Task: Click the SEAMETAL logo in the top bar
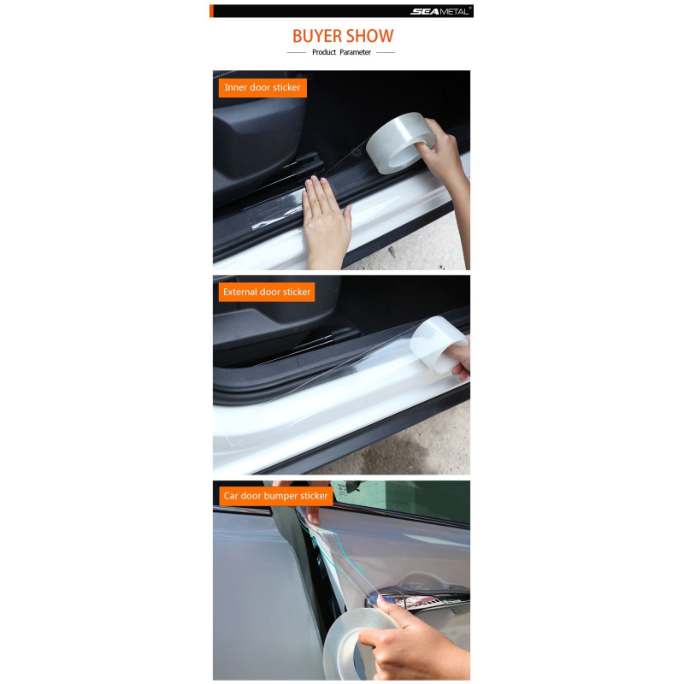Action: [440, 11]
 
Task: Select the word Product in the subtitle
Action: [324, 52]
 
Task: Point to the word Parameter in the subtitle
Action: [355, 52]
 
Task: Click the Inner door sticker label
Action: [262, 88]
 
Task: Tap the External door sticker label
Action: [267, 292]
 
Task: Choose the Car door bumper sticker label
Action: [275, 496]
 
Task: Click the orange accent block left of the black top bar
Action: [211, 11]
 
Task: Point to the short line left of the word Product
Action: [297, 52]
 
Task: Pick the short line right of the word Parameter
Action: [386, 52]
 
